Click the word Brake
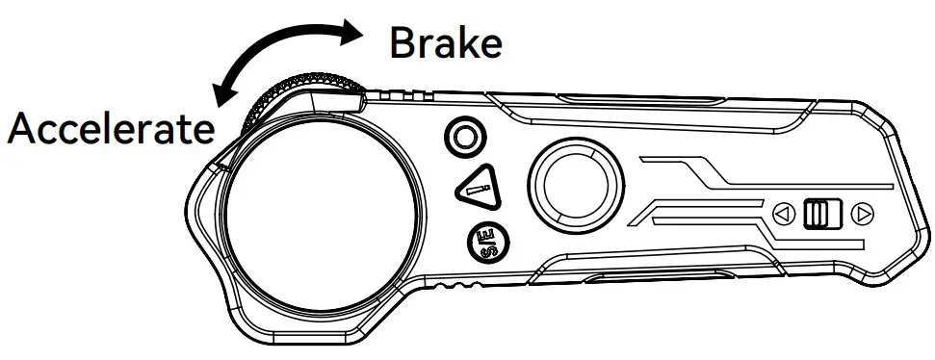pyautogui.click(x=445, y=43)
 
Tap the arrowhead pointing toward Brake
pyautogui.click(x=350, y=35)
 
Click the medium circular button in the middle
pyautogui.click(x=572, y=183)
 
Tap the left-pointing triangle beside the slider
pyautogui.click(x=783, y=213)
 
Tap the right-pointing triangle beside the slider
pyautogui.click(x=863, y=213)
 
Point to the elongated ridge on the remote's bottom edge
pyautogui.click(x=616, y=281)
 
